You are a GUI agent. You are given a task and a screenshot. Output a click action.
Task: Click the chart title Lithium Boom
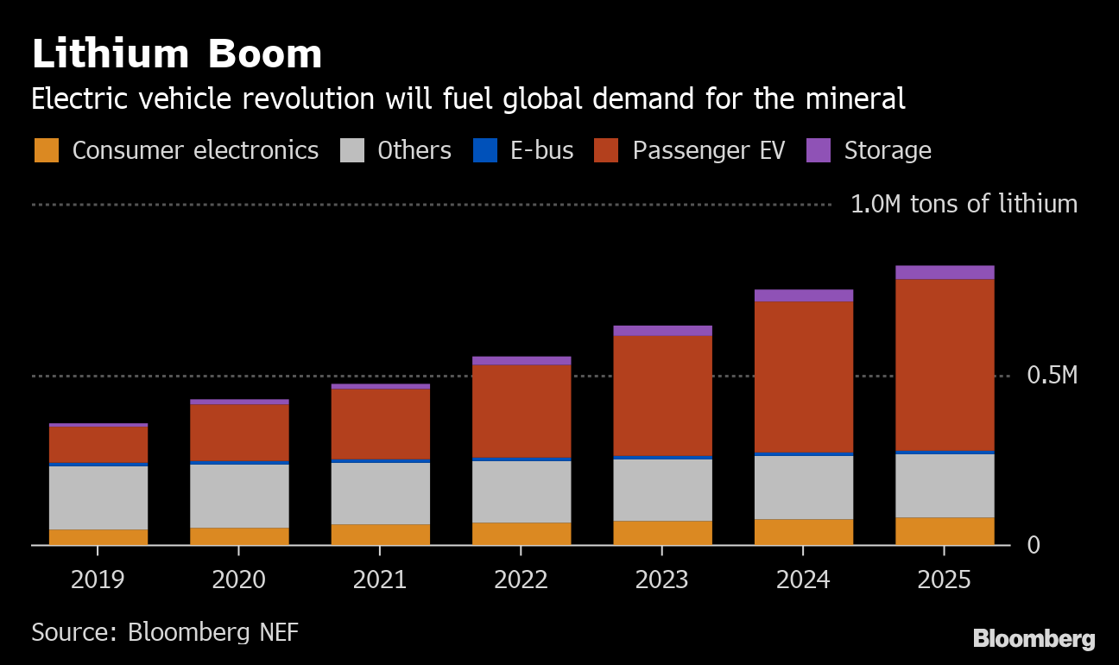177,54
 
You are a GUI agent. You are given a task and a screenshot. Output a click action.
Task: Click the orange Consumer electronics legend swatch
47,150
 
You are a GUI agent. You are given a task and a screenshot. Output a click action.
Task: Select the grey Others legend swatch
352,150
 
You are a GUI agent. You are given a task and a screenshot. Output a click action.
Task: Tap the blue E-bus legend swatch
485,150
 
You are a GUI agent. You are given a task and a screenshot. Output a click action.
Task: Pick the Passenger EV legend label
708,150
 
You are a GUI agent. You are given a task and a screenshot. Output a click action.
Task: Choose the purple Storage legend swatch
819,150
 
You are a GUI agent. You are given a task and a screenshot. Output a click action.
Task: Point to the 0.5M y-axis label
1052,376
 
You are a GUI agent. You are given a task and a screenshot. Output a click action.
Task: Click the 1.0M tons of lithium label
964,205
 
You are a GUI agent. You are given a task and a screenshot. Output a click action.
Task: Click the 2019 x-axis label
98,579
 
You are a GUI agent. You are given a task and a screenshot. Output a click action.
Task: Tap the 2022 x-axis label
521,579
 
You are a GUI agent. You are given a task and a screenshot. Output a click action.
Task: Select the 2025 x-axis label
945,579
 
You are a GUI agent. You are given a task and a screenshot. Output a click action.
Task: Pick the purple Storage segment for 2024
803,295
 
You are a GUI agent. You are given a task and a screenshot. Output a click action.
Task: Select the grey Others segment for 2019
98,497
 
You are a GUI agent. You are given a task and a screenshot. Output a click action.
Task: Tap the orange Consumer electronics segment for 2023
662,533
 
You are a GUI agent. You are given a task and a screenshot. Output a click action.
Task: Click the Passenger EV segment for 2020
239,433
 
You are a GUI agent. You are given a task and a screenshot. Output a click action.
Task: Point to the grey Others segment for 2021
380,493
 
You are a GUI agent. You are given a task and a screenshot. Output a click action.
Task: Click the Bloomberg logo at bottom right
1034,639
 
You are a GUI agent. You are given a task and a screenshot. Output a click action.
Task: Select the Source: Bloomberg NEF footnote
165,631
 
